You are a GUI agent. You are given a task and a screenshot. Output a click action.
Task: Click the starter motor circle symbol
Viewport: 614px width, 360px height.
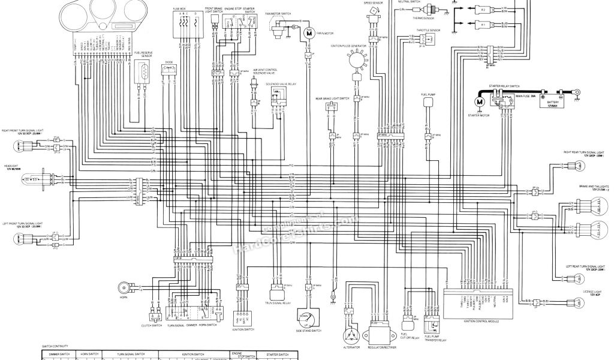click(480, 102)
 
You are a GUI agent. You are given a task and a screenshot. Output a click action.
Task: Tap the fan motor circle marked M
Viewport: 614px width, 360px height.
click(309, 34)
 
